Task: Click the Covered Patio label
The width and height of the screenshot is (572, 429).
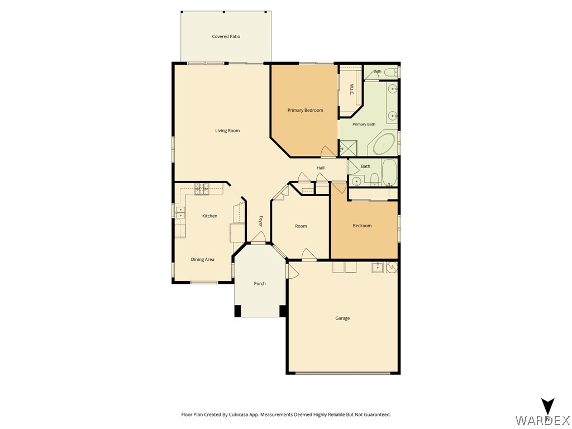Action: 226,36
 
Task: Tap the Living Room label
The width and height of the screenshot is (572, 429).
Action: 227,131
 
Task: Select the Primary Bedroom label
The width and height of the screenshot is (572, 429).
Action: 306,110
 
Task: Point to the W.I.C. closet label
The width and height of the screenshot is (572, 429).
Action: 351,90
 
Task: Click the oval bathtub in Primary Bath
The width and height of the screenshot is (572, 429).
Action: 384,144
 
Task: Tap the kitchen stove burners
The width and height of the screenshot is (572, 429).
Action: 202,189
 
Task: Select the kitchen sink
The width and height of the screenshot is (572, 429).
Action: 180,213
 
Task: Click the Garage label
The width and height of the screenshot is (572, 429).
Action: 342,318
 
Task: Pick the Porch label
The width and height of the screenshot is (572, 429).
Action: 260,283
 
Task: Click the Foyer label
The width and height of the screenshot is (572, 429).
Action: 260,220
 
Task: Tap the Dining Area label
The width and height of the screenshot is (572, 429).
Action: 202,259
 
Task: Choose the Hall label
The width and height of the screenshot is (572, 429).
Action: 320,168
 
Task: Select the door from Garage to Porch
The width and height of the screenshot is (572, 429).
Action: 293,271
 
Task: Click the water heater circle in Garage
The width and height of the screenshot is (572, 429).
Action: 392,268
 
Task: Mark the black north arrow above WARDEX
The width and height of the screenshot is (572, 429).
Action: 547,406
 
